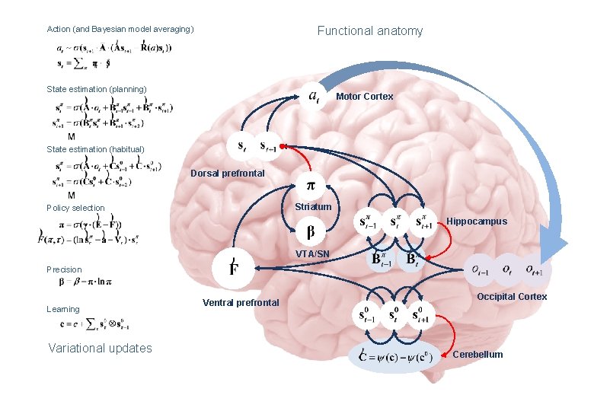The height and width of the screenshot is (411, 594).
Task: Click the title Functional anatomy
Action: pos(369,31)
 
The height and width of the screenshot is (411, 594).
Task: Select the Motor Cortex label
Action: pos(365,97)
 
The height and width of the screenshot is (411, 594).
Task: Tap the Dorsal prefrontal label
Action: pos(228,174)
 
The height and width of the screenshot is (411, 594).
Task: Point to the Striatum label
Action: pos(313,207)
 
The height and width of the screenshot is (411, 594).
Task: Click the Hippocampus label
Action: pos(476,221)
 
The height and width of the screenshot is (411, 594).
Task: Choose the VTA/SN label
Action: pos(313,253)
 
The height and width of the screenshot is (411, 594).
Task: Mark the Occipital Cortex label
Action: pos(512,297)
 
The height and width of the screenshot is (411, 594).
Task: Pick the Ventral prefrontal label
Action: pos(241,303)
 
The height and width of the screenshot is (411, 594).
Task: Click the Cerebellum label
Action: pos(477,355)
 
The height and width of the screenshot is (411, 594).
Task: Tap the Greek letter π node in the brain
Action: pos(311,185)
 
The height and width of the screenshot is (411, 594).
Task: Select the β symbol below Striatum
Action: pos(311,231)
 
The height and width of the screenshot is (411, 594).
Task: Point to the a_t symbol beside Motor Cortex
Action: pos(313,97)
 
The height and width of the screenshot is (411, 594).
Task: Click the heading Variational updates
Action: pos(100,349)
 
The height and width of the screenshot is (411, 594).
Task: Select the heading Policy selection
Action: pos(75,208)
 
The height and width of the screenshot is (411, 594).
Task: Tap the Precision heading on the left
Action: pos(64,269)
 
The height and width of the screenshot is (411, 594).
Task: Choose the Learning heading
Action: pos(62,309)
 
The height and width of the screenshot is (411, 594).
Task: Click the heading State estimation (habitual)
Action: pos(95,149)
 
